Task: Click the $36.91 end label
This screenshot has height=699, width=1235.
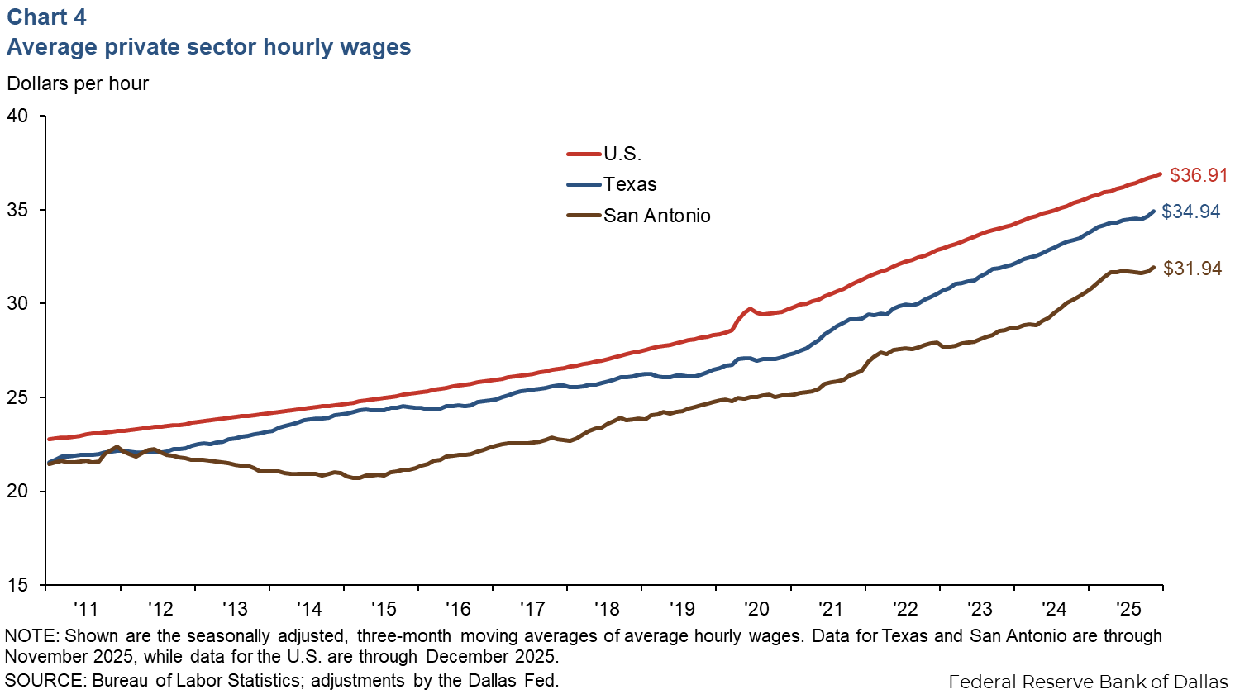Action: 1198,176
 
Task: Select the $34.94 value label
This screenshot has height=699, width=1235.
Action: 1190,212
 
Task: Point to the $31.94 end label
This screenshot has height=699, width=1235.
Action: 1192,269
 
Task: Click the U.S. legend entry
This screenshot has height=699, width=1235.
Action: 622,154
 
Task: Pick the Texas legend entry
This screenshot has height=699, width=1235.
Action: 630,184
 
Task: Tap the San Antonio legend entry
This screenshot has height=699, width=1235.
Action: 656,216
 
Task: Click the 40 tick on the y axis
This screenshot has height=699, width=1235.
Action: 17,116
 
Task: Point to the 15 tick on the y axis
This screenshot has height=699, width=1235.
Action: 17,585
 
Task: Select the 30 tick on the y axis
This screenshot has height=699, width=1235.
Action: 17,304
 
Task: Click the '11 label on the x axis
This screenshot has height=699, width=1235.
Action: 85,609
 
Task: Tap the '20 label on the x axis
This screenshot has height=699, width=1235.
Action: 756,609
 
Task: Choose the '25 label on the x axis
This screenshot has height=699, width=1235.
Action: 1128,609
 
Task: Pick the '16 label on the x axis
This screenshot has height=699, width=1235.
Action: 457,609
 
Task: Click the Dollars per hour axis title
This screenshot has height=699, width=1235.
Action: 78,83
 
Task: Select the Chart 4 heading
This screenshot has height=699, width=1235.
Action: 46,17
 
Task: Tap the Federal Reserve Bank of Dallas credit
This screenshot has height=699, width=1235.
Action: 1088,682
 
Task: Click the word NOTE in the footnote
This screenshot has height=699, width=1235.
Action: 30,636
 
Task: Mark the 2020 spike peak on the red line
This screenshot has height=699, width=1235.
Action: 750,309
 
